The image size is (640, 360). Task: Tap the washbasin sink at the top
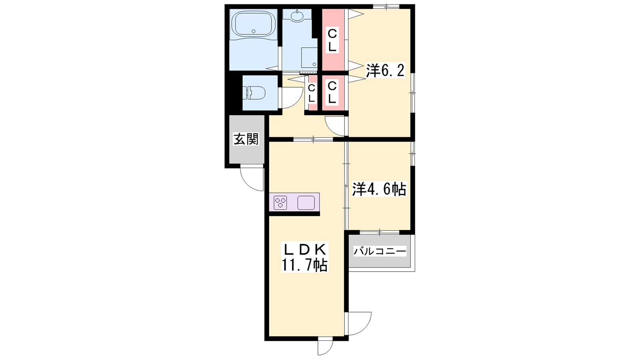pyautogui.click(x=297, y=16)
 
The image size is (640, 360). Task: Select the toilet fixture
pyautogui.click(x=254, y=93)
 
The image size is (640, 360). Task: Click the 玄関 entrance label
pyautogui.click(x=246, y=139)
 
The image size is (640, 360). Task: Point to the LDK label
pyautogui.click(x=304, y=250)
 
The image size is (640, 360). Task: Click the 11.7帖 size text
pyautogui.click(x=304, y=265)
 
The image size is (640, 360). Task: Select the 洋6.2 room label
pyautogui.click(x=386, y=70)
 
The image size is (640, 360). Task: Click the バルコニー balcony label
pyautogui.click(x=380, y=252)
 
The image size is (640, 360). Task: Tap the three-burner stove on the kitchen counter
pyautogui.click(x=280, y=202)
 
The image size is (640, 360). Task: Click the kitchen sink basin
pyautogui.click(x=306, y=203)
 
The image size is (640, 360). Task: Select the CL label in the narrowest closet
pyautogui.click(x=312, y=94)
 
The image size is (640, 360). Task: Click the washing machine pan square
pyautogui.click(x=309, y=58)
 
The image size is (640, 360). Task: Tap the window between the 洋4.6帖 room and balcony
pyautogui.click(x=380, y=232)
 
